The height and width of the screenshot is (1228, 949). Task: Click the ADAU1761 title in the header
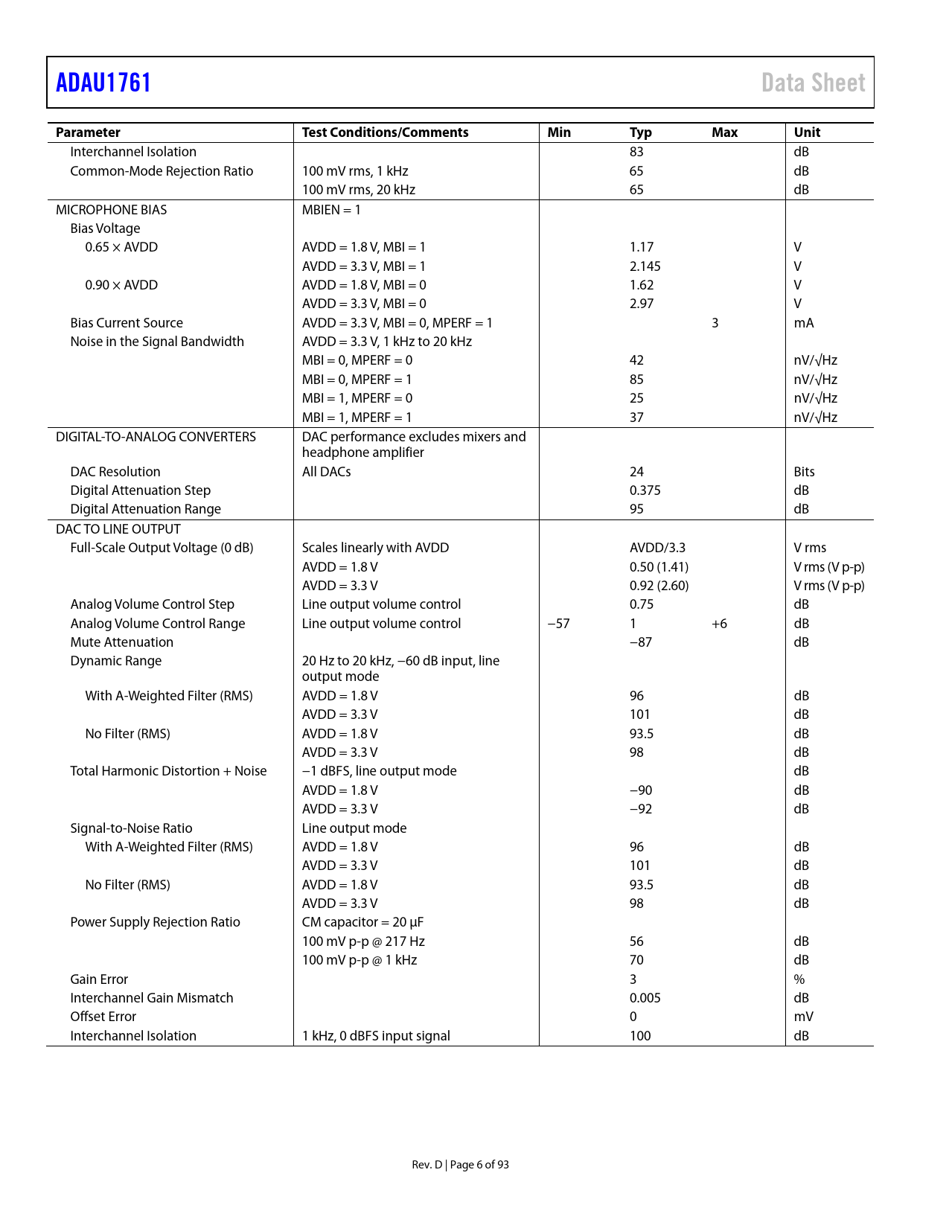pyautogui.click(x=103, y=83)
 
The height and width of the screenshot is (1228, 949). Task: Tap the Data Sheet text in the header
pyautogui.click(x=813, y=83)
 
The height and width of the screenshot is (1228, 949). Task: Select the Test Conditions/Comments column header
pyautogui.click(x=385, y=132)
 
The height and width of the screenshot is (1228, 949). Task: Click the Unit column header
pyautogui.click(x=807, y=132)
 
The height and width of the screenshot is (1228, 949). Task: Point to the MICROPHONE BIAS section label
pyautogui.click(x=111, y=210)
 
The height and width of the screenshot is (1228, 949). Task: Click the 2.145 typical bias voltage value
pyautogui.click(x=645, y=266)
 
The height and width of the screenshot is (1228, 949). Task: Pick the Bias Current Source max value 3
pyautogui.click(x=715, y=323)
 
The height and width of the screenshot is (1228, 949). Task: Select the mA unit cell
pyautogui.click(x=803, y=323)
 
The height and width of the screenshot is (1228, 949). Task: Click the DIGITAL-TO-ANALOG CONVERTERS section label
pyautogui.click(x=156, y=437)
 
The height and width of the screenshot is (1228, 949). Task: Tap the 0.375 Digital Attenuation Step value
pyautogui.click(x=645, y=490)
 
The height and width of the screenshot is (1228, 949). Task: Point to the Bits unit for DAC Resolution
pyautogui.click(x=804, y=472)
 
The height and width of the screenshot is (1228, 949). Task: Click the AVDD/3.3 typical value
pyautogui.click(x=657, y=548)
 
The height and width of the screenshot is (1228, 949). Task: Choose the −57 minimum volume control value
pyautogui.click(x=558, y=624)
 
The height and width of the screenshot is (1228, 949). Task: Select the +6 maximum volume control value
pyautogui.click(x=719, y=624)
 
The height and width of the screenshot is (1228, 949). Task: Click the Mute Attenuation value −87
pyautogui.click(x=640, y=642)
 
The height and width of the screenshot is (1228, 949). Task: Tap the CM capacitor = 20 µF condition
pyautogui.click(x=362, y=922)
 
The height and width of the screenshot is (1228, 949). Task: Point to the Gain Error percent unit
pyautogui.click(x=799, y=979)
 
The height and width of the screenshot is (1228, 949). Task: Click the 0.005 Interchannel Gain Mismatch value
pyautogui.click(x=645, y=998)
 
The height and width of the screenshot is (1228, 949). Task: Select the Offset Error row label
pyautogui.click(x=103, y=1017)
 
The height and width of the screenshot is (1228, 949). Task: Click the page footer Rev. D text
pyautogui.click(x=426, y=1165)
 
